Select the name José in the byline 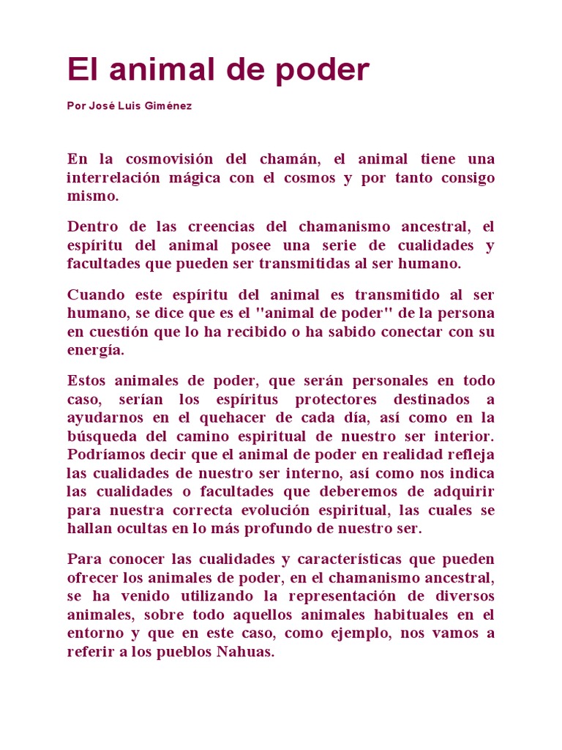102,105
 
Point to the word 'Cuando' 94,294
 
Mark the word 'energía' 94,350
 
